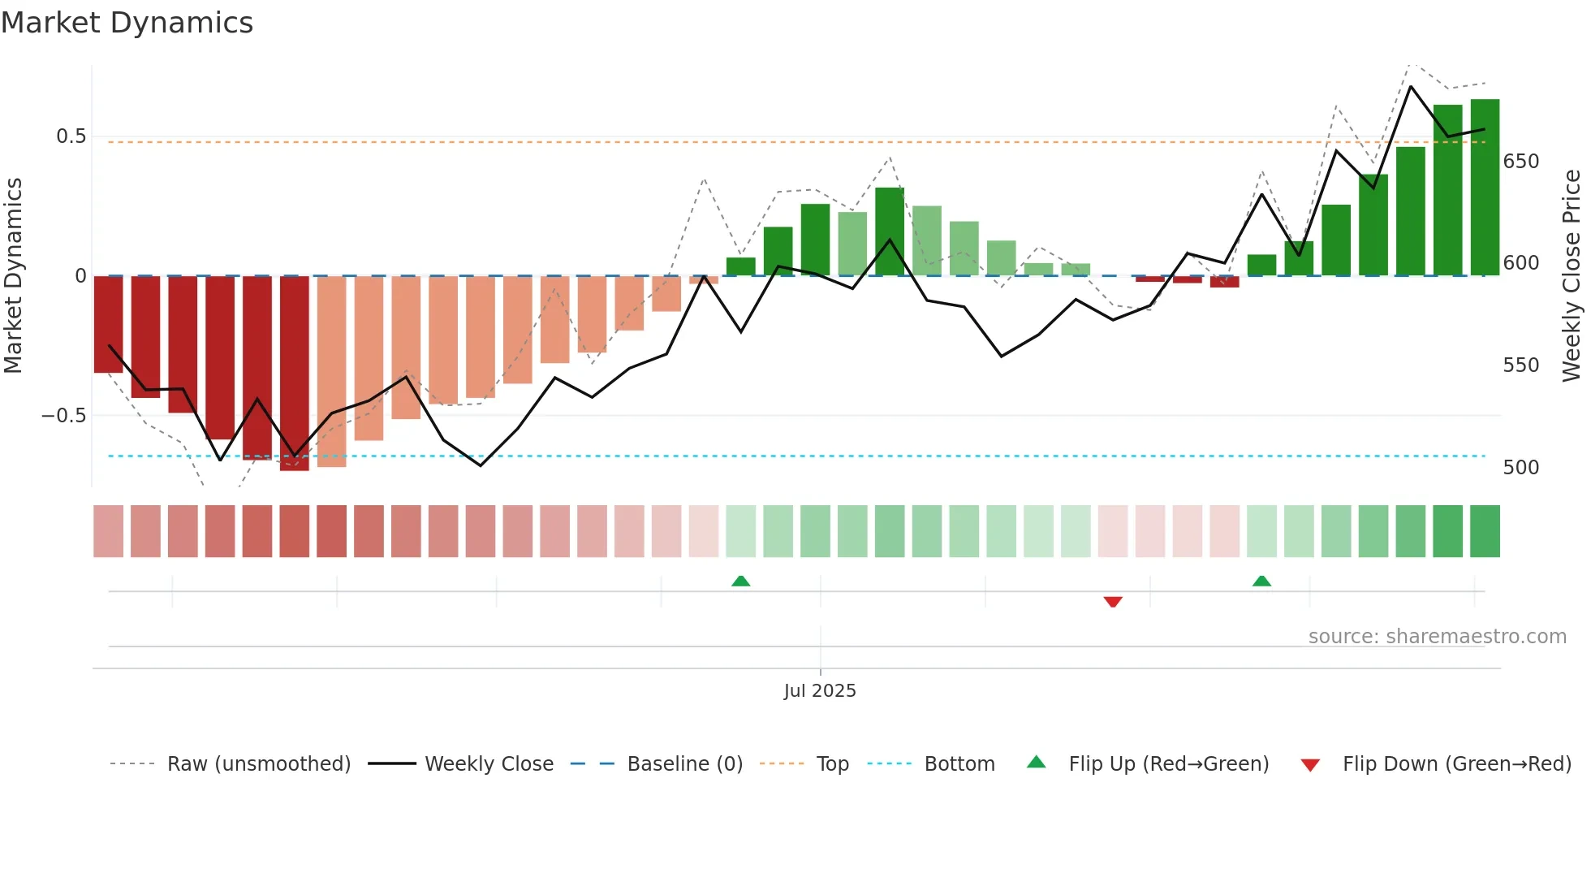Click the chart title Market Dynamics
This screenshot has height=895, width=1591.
pyautogui.click(x=127, y=23)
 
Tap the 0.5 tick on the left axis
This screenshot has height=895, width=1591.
pyautogui.click(x=71, y=136)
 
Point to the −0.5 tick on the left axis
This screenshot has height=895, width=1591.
pyautogui.click(x=64, y=416)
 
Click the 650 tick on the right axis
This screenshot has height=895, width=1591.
pyautogui.click(x=1520, y=162)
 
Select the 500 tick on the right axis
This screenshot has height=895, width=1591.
pyautogui.click(x=1520, y=468)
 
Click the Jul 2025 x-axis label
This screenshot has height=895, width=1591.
pyautogui.click(x=820, y=691)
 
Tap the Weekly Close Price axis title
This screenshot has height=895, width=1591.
pyautogui.click(x=1572, y=276)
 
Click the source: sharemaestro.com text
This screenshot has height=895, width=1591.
pyautogui.click(x=1437, y=637)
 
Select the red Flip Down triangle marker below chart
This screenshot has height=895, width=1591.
pyautogui.click(x=1113, y=602)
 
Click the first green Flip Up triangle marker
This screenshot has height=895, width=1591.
pyautogui.click(x=740, y=581)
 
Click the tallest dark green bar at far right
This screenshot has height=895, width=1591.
pyautogui.click(x=1485, y=187)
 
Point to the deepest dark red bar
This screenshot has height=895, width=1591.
pyautogui.click(x=295, y=374)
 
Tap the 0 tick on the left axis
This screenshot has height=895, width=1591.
pyautogui.click(x=80, y=276)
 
